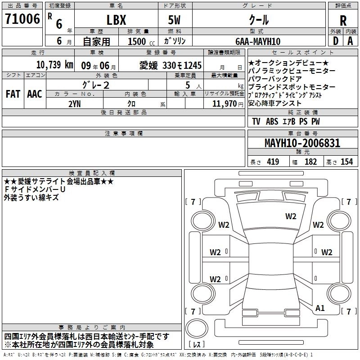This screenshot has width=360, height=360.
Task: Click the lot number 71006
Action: [x=22, y=19]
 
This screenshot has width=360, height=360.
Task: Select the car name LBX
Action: [x=116, y=20]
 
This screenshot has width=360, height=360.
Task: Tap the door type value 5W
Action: [x=175, y=20]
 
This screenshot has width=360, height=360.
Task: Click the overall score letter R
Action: [x=343, y=21]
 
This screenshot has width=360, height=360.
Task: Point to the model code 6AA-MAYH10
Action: [x=258, y=41]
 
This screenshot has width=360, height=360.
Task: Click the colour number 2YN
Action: [x=74, y=103]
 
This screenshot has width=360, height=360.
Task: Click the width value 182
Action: [x=310, y=162]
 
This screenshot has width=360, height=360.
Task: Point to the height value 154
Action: [x=346, y=162]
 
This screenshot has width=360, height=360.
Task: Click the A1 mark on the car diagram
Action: [x=320, y=308]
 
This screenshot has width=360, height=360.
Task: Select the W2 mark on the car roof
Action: [x=291, y=216]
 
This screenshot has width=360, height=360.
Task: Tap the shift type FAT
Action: [x=13, y=94]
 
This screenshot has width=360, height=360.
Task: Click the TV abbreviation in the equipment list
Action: [x=256, y=121]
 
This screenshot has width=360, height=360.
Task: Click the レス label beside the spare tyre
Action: [x=197, y=345]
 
